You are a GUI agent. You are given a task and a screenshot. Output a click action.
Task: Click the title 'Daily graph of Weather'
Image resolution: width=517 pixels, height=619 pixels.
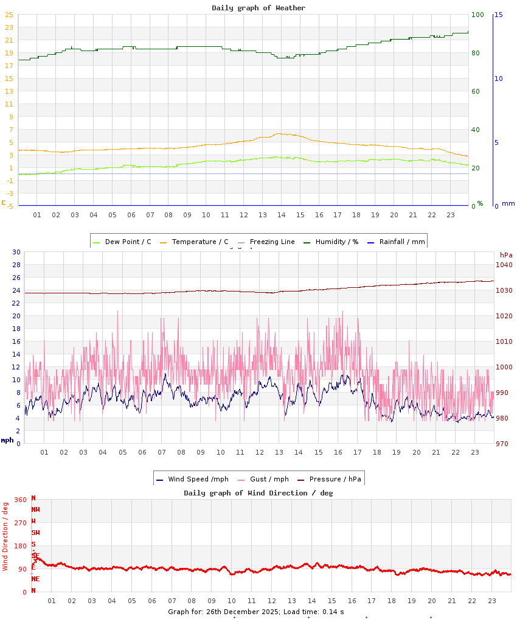point(258,8)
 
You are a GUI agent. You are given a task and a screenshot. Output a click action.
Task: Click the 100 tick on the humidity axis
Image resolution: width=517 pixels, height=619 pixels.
point(477,15)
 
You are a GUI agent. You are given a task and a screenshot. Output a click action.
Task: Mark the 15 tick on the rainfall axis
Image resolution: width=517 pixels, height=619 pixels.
point(498,15)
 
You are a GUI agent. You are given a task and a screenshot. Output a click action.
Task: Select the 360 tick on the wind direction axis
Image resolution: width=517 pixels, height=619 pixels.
point(20,500)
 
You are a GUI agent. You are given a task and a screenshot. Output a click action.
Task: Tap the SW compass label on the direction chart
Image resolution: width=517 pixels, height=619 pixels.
point(35,533)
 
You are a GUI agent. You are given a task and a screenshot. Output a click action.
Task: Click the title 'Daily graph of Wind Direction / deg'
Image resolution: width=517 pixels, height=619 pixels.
point(258,493)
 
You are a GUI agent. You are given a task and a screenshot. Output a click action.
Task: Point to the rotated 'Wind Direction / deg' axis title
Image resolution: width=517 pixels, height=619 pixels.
point(5,536)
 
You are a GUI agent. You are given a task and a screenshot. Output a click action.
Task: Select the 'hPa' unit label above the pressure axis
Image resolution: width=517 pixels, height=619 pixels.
point(506,255)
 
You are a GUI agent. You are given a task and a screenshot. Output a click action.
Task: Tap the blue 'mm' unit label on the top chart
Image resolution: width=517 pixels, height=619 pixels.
point(508,203)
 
